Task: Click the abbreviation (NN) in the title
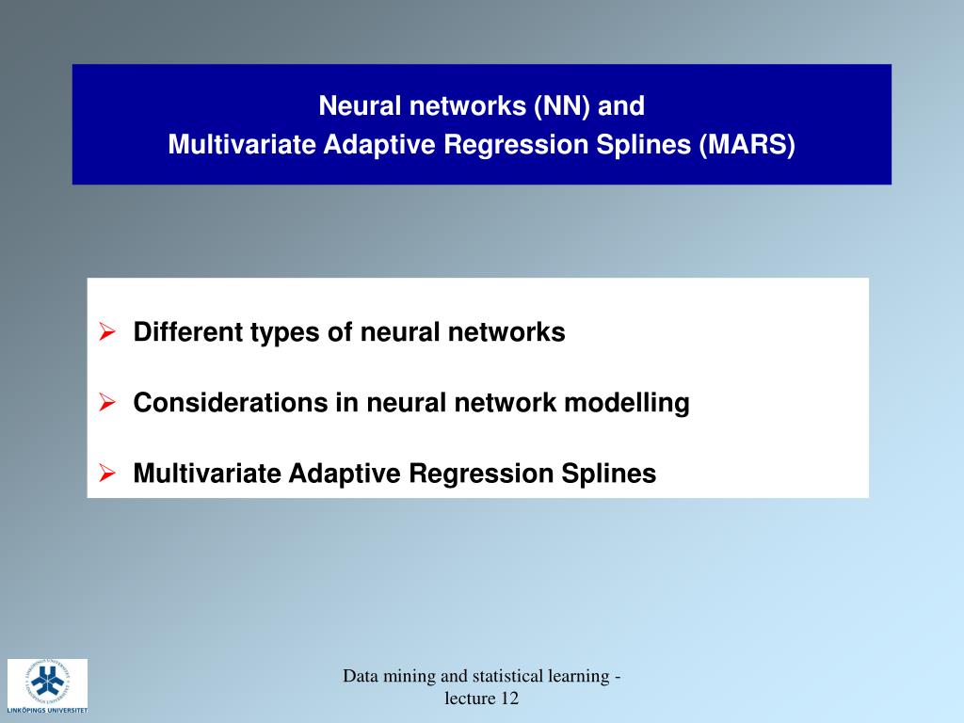tap(563, 105)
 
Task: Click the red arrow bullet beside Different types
tap(108, 332)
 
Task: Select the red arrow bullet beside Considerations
tap(108, 403)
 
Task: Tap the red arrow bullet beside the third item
tap(108, 474)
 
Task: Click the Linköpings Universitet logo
tap(47, 686)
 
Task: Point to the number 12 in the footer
tap(509, 699)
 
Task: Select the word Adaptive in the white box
tap(344, 474)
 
